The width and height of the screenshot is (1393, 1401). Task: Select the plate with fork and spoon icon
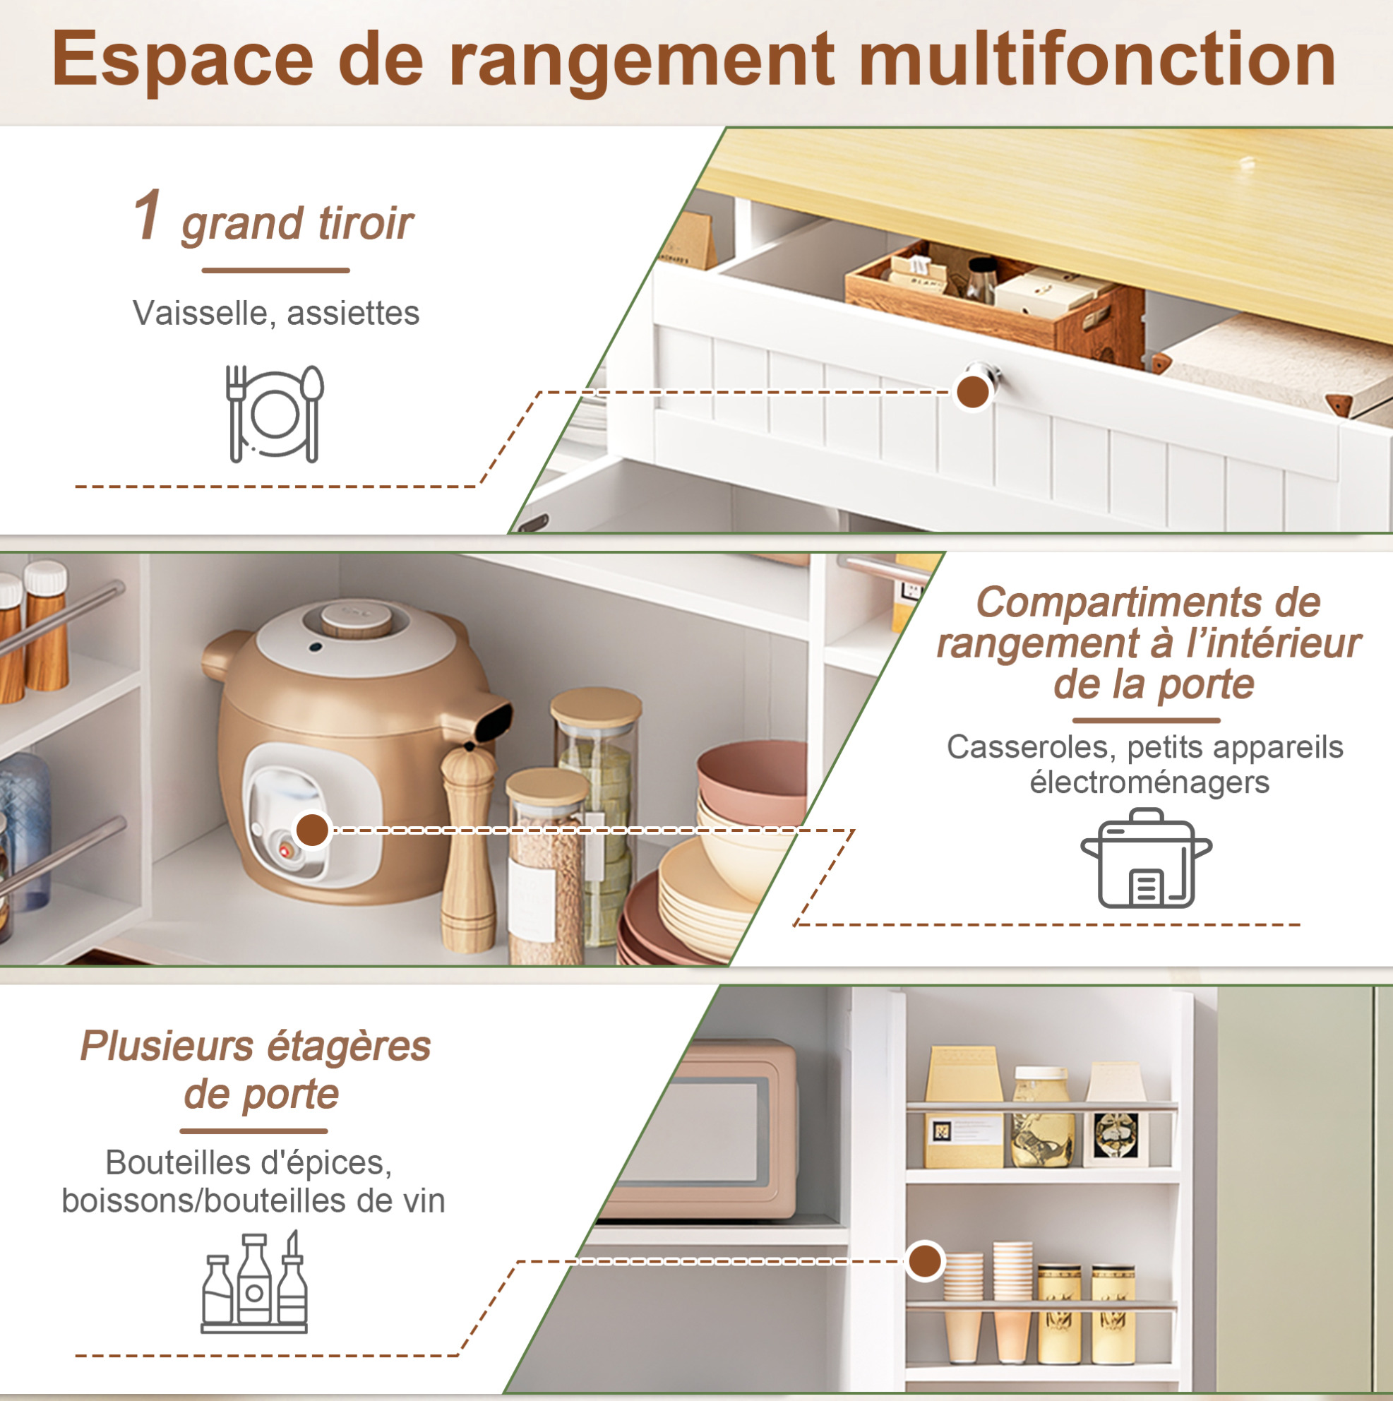(275, 413)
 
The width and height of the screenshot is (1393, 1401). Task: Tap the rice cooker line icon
(1147, 859)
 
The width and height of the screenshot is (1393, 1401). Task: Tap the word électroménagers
(1149, 782)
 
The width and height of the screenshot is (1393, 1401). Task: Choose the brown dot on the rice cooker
(313, 829)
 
